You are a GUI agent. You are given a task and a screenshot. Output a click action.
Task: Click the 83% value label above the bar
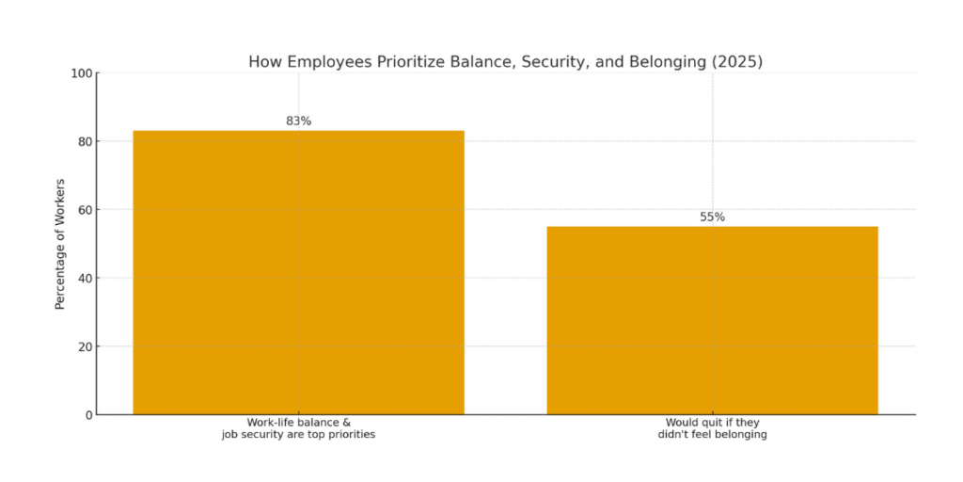click(298, 121)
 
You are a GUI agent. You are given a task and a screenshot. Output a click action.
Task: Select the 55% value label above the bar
click(712, 217)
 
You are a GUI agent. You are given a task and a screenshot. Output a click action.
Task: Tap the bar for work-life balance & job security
click(298, 272)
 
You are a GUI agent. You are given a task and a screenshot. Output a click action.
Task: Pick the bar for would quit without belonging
click(712, 320)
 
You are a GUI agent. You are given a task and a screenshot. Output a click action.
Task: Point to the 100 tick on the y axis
click(81, 73)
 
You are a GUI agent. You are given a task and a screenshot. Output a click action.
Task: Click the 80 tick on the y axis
click(84, 141)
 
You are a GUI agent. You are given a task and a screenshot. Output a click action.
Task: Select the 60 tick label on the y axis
click(84, 210)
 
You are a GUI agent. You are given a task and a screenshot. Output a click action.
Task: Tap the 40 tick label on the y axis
click(84, 278)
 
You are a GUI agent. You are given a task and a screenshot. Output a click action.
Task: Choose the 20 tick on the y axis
click(84, 346)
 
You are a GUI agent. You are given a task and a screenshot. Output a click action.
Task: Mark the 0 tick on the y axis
click(87, 414)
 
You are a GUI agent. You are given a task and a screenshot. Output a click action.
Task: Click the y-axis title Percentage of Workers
click(60, 244)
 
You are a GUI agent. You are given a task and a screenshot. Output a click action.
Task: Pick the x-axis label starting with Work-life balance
click(298, 428)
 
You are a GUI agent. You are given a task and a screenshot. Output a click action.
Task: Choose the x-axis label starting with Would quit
click(712, 428)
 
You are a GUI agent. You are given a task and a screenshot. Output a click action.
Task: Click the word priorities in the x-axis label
click(348, 435)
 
